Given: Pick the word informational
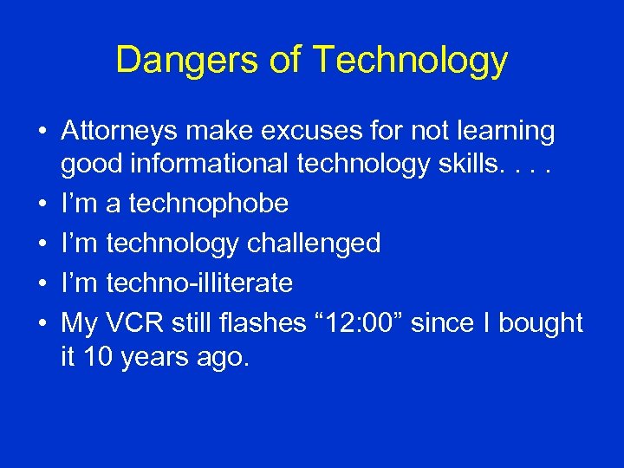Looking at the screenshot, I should coord(222,164).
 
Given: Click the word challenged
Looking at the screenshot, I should coord(314,244).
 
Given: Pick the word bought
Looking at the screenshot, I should coord(540,323).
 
